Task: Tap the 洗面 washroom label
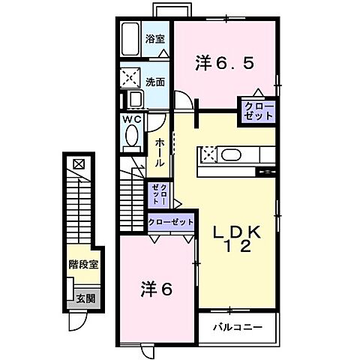[x=157, y=82]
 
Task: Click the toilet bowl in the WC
[x=133, y=136]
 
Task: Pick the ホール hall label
[x=160, y=152]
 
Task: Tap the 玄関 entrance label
[x=84, y=298]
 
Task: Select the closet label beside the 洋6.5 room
[x=257, y=112]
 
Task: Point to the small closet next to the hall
[x=160, y=195]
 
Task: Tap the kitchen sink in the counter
[x=230, y=155]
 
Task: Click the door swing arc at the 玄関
[x=77, y=322]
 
